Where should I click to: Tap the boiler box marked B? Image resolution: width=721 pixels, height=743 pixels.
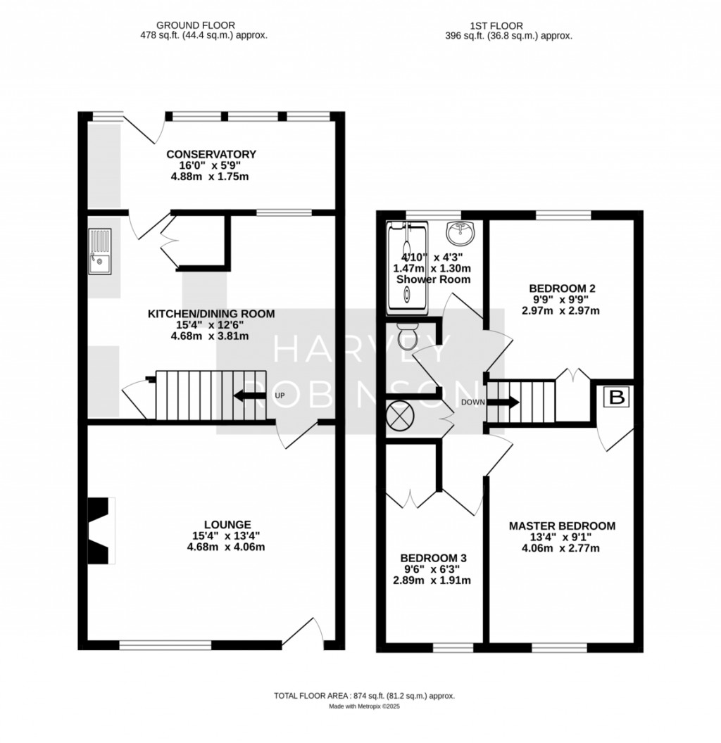point(617,398)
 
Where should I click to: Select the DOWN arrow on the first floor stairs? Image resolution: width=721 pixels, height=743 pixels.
point(503,403)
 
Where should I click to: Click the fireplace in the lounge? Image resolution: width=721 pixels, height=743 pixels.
point(101,531)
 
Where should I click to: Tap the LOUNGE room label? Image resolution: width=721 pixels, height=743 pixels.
point(227,524)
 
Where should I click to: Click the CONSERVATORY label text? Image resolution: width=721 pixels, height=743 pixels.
point(211,154)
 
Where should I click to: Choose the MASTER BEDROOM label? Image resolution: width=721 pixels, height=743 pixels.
point(562,526)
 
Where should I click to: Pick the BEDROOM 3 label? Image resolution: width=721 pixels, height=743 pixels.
point(434,558)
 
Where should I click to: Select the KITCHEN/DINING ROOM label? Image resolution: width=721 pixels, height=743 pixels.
point(211,314)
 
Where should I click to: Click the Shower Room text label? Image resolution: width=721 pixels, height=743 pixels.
point(433,279)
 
